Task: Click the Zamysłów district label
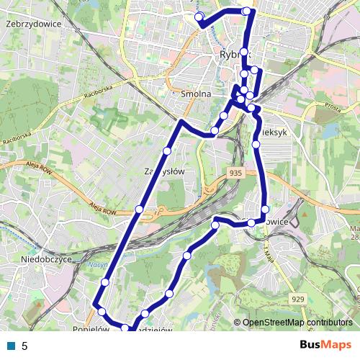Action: pos(166,171)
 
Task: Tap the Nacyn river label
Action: pos(99,265)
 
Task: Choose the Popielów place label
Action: pos(89,328)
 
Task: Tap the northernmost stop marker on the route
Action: pos(247,11)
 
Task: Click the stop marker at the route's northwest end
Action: pos(199,17)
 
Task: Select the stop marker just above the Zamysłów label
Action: pos(167,150)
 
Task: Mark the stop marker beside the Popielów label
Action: pos(102,312)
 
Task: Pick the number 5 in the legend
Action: pos(24,346)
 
